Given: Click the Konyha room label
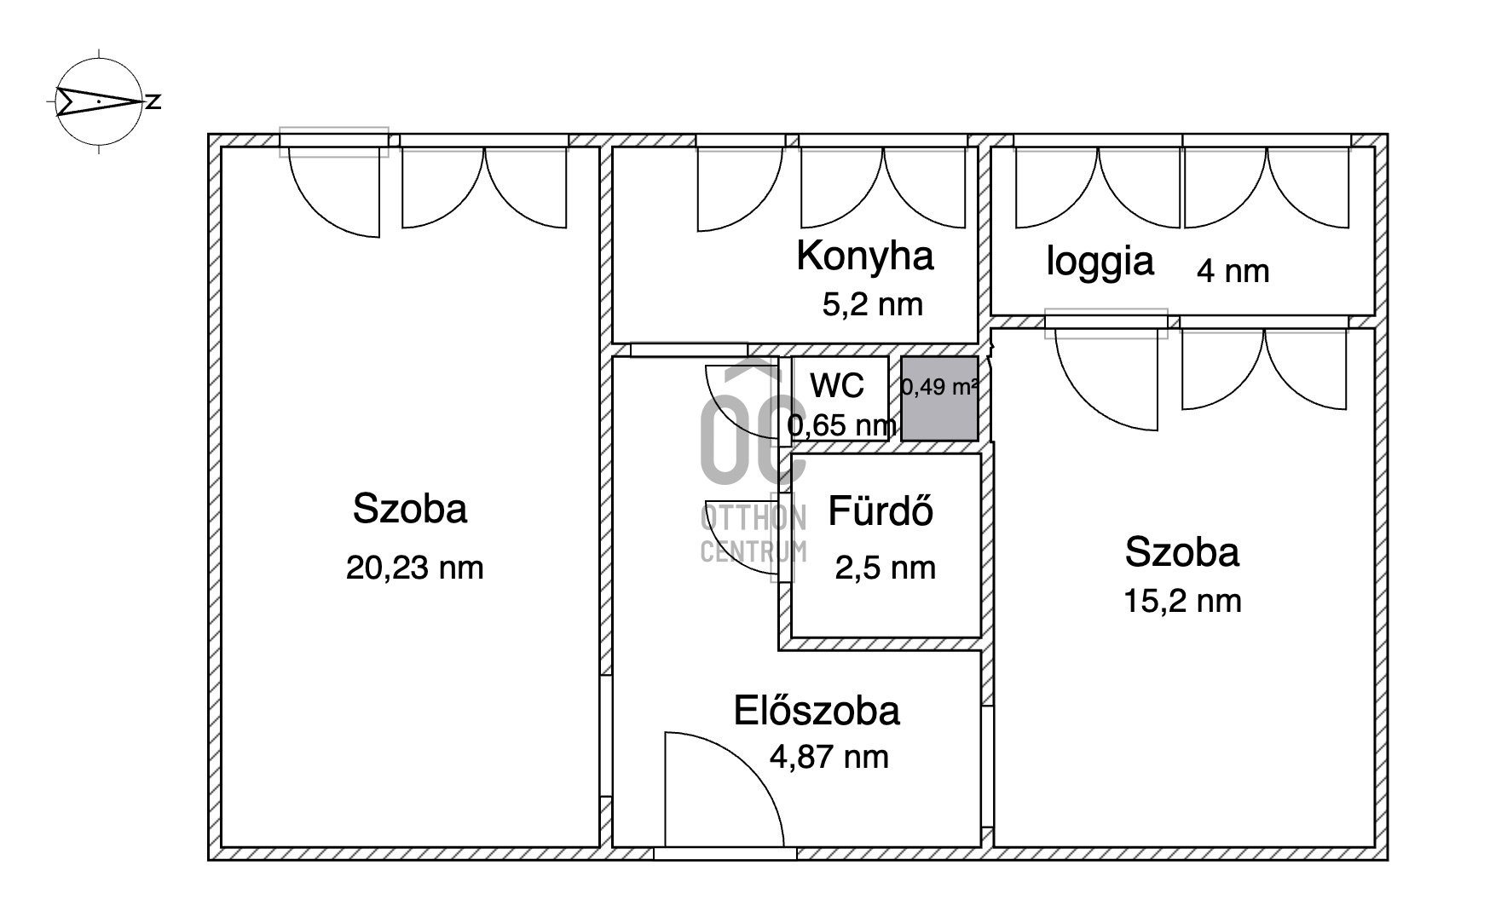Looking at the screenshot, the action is pos(865,256).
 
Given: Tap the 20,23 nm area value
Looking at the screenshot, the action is pos(414,568).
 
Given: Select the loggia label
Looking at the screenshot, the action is pos(1100,261).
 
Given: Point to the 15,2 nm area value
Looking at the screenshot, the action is pos(1182,602).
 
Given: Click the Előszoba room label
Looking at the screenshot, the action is pos(817,711).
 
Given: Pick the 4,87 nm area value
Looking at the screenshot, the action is pos(829,757).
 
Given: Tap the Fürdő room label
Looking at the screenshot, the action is pos(881,511).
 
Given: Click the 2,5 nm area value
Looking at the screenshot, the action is pos(885,568).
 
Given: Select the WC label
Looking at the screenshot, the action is pos(837,386).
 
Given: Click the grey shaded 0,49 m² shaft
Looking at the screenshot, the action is pos(939,398).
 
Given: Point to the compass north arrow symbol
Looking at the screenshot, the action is pos(98,101).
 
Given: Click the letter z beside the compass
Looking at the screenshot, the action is pos(153,102).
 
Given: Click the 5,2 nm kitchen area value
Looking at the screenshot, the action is pos(872,304).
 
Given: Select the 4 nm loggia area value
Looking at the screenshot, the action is pos(1233,271).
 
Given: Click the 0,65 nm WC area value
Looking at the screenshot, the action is pos(841,425).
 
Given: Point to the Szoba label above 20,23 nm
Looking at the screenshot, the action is pos(410,509).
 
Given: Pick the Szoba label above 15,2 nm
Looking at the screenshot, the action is pos(1181,552).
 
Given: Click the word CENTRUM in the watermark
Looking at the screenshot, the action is pos(753,552).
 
